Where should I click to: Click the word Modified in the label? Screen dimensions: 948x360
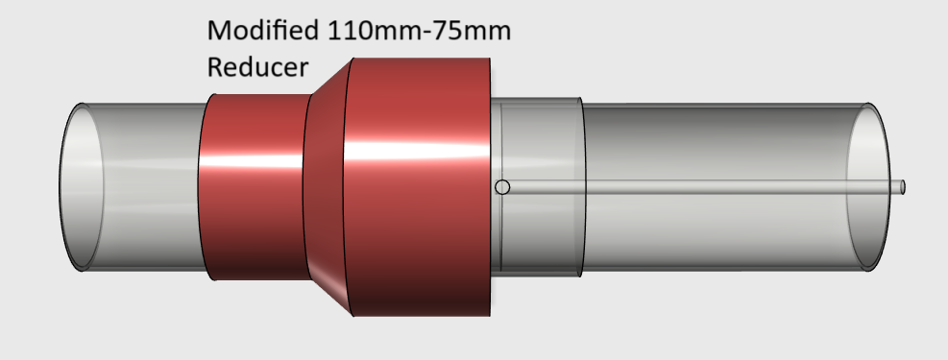[263, 30]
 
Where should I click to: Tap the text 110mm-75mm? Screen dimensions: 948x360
[420, 30]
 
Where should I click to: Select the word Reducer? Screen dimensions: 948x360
[257, 67]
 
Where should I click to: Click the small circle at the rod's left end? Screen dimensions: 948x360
[502, 187]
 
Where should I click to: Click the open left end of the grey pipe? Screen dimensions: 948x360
[81, 187]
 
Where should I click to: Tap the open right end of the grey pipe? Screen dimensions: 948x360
[868, 187]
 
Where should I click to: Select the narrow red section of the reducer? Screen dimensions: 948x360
[254, 187]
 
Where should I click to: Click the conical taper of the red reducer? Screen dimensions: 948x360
[328, 187]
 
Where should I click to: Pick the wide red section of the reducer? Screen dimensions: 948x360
[417, 187]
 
